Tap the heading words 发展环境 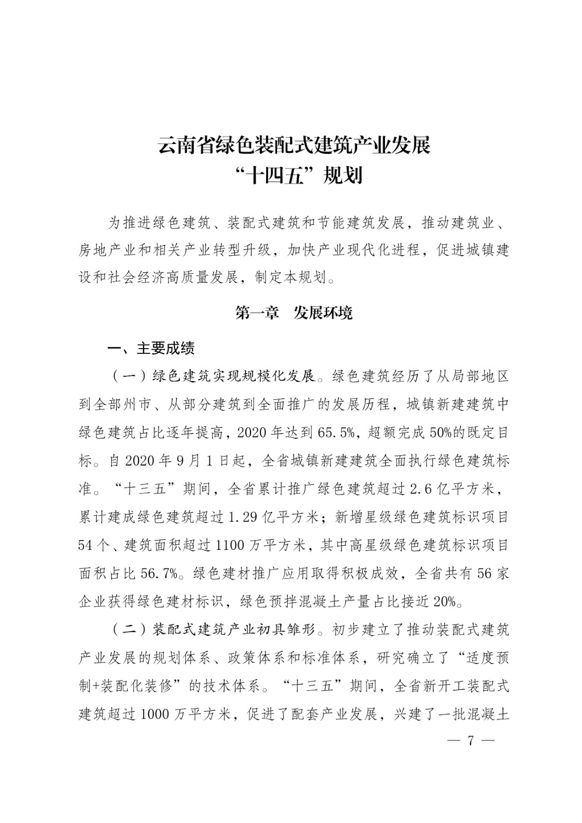point(323,313)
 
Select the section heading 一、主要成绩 point(151,349)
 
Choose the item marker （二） point(128,630)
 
